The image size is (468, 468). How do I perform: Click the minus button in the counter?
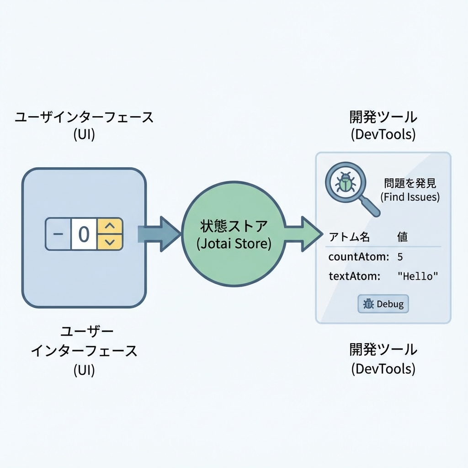pos(58,234)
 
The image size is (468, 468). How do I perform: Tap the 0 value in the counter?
pos(84,234)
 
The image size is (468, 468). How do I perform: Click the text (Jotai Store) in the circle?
pos(234,244)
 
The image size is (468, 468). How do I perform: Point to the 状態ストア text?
pos(234,226)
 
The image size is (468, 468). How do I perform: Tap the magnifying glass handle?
pos(370,207)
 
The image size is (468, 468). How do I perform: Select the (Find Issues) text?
pos(410,197)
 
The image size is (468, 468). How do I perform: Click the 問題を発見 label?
pos(410,184)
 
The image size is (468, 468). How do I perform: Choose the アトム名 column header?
pos(349,237)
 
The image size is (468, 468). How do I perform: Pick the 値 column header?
pos(402,237)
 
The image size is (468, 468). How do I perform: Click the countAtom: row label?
pos(358,257)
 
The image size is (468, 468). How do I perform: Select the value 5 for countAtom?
pos(400,257)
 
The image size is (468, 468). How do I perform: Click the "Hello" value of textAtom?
pos(418,276)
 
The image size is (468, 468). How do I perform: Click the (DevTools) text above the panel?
pos(383,134)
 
